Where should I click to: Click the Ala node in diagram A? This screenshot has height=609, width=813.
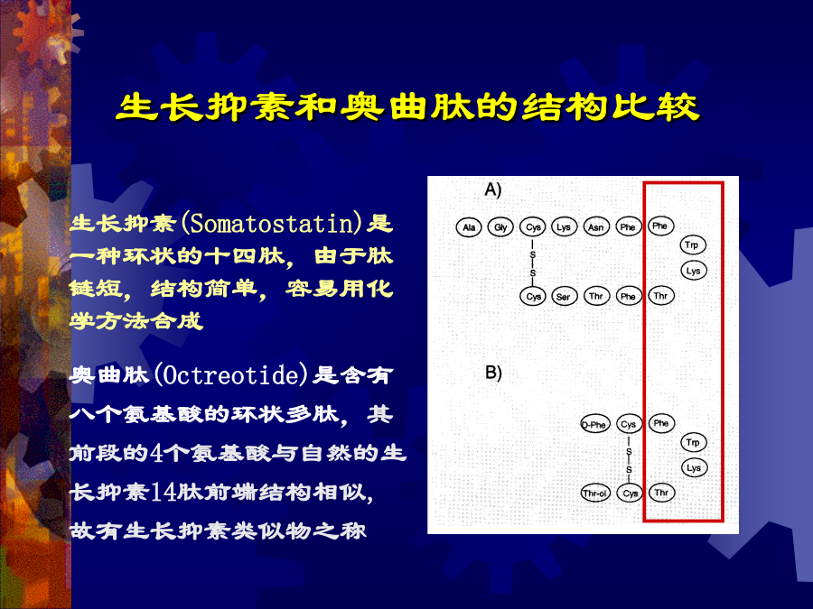(x=469, y=226)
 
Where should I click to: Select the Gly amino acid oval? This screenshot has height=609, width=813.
(x=500, y=226)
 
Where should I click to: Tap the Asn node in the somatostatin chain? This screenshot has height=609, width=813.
(x=596, y=226)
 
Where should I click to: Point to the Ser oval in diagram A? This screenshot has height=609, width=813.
(x=564, y=296)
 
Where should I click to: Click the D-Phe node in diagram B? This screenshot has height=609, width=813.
(x=594, y=425)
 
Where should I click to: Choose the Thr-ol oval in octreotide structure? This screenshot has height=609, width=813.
(x=594, y=493)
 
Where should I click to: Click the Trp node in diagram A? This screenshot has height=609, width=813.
(x=693, y=245)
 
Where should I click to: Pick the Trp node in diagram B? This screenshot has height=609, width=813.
(x=693, y=442)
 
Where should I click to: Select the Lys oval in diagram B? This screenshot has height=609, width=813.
(x=694, y=467)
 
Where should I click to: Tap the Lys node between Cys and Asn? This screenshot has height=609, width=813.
(x=564, y=226)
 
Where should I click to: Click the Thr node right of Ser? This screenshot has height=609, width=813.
(x=596, y=296)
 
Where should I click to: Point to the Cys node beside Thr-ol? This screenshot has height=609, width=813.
(x=630, y=493)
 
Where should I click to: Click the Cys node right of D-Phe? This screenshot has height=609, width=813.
(x=629, y=425)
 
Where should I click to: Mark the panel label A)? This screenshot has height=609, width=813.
(x=493, y=190)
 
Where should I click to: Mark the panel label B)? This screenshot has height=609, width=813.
(x=493, y=373)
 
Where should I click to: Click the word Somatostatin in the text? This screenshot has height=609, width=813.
(x=272, y=223)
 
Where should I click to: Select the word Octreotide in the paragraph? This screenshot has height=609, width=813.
(x=231, y=375)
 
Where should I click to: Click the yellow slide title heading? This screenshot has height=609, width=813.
(x=407, y=107)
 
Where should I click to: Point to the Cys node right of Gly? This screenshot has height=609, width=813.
(x=532, y=226)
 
